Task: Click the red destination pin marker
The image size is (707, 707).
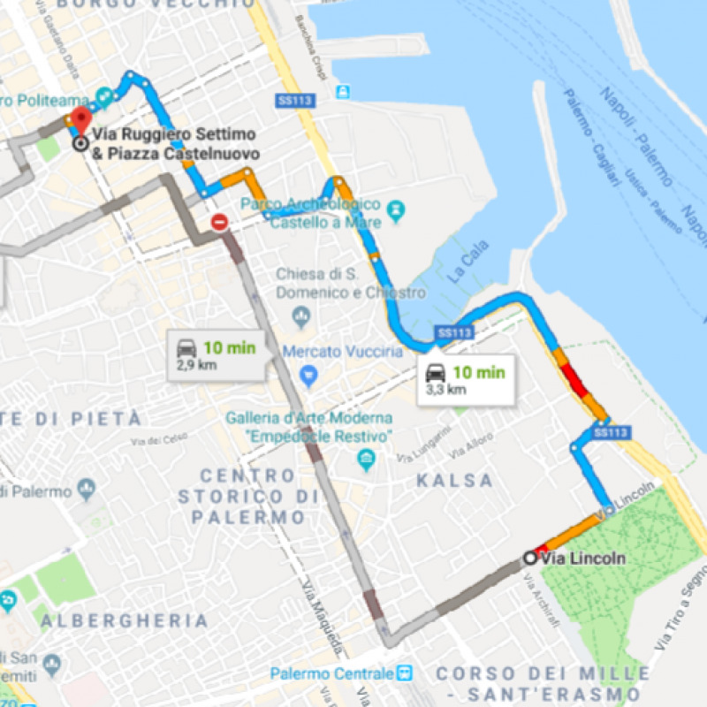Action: click(80, 120)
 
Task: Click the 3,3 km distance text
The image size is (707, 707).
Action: click(445, 389)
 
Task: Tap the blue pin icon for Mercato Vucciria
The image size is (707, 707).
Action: click(308, 376)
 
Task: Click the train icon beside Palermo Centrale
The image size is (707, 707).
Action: click(405, 672)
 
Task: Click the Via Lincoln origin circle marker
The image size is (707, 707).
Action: click(529, 558)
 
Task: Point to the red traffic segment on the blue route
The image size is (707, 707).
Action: click(574, 381)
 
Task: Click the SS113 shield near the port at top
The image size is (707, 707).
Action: click(295, 102)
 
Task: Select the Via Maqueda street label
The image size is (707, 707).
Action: click(322, 622)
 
